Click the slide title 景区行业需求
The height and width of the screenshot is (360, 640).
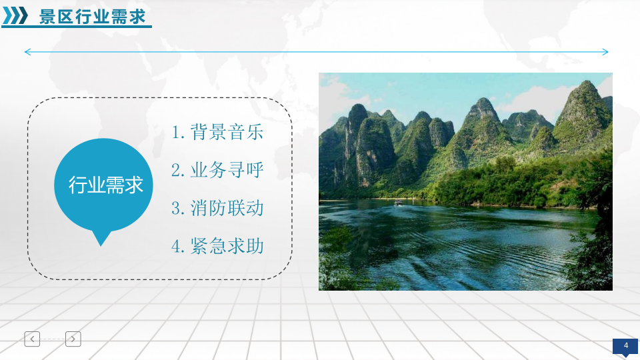[x=92, y=16]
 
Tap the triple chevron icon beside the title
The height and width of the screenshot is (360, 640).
[x=15, y=15]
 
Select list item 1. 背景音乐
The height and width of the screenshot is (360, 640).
[x=217, y=132]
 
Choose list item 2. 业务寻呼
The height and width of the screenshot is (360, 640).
[x=217, y=170]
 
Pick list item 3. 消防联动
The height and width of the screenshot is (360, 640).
[x=217, y=208]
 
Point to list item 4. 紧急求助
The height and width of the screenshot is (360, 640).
[x=217, y=246]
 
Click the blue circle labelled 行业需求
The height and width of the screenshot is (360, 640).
[x=106, y=185]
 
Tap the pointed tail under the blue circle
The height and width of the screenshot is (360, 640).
[x=101, y=238]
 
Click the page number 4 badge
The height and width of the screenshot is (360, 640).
[x=626, y=345]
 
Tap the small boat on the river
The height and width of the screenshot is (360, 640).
[x=398, y=203]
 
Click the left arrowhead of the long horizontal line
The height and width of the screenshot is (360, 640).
[x=27, y=52]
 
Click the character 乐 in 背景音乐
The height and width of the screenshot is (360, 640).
[x=255, y=132]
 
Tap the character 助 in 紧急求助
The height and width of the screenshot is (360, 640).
[x=255, y=246]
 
